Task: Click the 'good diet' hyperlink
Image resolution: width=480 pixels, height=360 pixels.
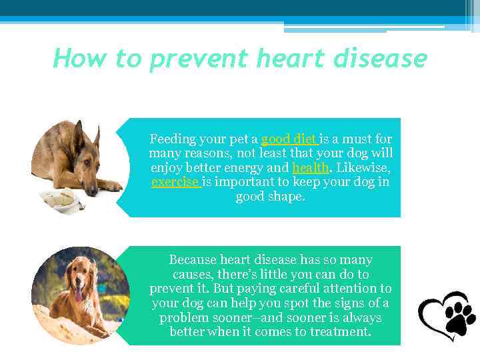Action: (289, 139)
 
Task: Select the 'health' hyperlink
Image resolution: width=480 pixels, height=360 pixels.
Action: (310, 168)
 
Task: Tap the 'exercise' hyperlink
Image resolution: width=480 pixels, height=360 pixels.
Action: (175, 182)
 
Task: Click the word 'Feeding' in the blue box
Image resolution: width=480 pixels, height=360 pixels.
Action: (172, 139)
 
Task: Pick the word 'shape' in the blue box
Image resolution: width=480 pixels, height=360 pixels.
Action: (286, 197)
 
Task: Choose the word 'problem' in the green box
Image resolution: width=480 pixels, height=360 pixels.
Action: (183, 317)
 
